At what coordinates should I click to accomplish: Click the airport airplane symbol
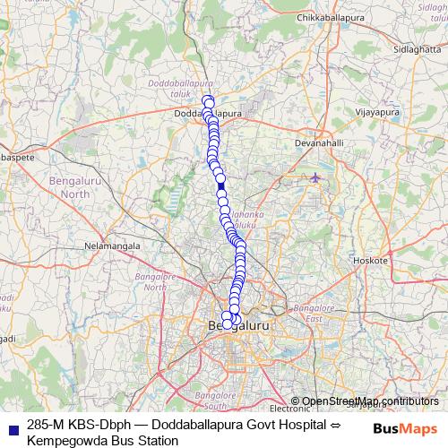[314, 177]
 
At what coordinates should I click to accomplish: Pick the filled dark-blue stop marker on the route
[220, 179]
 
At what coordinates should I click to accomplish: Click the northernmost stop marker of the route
[207, 100]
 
